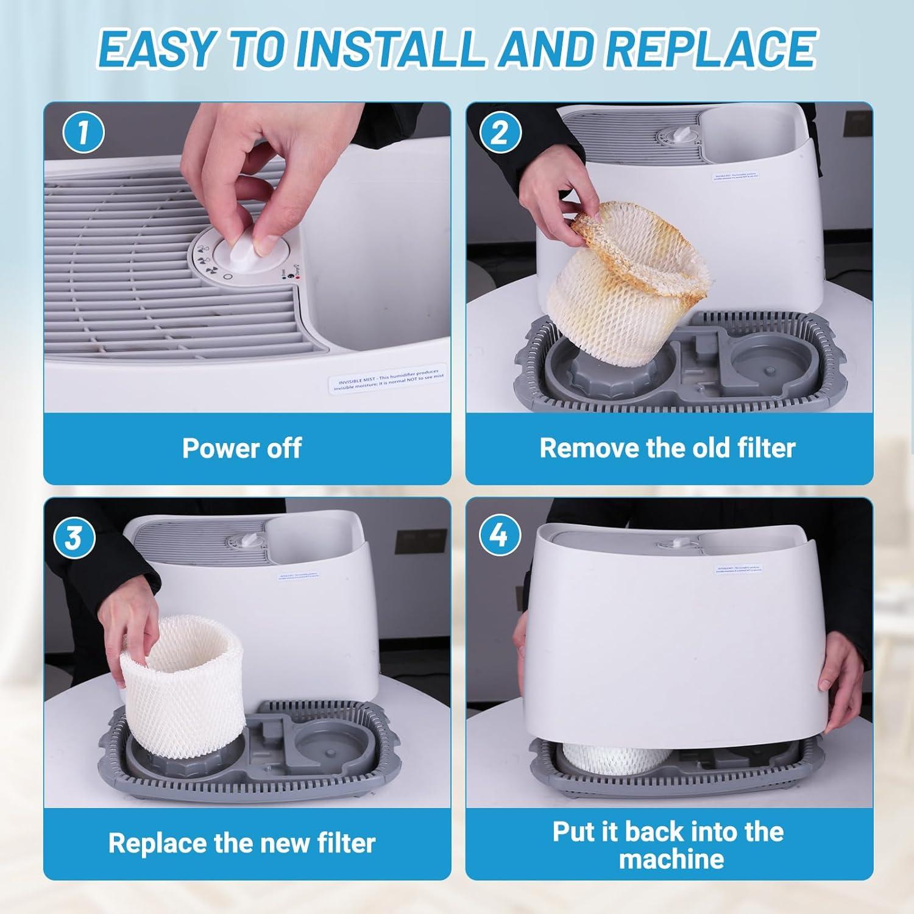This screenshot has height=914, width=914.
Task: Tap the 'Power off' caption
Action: point(242,448)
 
